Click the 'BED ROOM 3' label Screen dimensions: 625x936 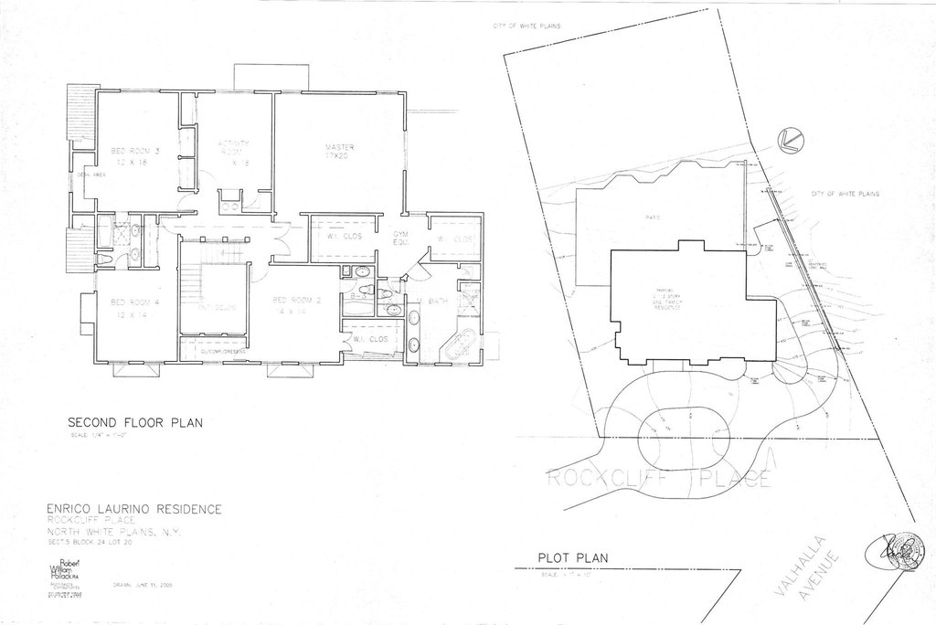pos(135,151)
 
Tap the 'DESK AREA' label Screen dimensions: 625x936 pos(90,175)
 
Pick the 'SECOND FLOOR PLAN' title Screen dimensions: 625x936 pos(134,423)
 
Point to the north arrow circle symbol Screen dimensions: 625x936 pos(788,140)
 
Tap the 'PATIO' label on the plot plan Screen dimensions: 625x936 pos(653,217)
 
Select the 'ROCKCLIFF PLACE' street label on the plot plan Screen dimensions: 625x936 pos(658,478)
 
